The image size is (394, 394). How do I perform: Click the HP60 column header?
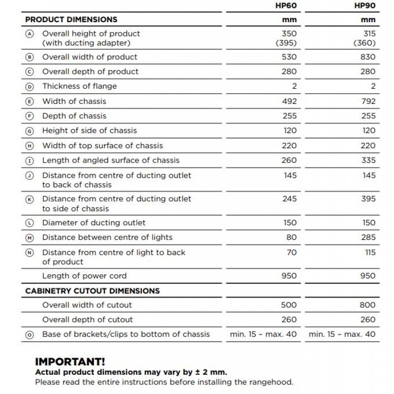click(286, 5)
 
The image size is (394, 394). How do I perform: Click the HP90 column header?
click(365, 5)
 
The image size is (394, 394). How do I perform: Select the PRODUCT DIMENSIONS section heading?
click(71, 20)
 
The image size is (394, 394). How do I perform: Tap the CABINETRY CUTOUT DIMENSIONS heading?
click(93, 291)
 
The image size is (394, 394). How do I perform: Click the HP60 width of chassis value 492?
click(289, 101)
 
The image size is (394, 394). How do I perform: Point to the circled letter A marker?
click(30, 34)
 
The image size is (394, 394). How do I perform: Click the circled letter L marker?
click(30, 223)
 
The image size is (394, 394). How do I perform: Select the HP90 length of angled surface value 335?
click(368, 160)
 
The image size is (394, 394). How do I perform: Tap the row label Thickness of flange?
click(79, 86)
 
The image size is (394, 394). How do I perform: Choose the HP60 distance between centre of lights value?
click(292, 237)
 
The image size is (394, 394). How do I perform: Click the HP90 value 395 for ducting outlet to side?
click(368, 199)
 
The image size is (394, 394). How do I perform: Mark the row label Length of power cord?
click(84, 276)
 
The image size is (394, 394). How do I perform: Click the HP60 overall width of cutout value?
click(289, 305)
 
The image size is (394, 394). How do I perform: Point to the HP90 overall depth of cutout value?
click(368, 319)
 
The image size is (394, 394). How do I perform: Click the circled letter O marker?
click(30, 334)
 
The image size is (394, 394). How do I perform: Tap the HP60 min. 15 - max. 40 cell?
click(263, 334)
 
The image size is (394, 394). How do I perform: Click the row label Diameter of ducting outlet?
click(94, 223)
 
